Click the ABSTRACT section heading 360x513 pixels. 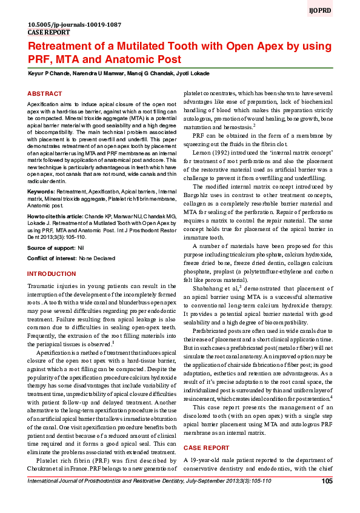[x=45, y=94]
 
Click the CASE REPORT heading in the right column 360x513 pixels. [x=207, y=448]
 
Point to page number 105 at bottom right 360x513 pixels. [x=327, y=481]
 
